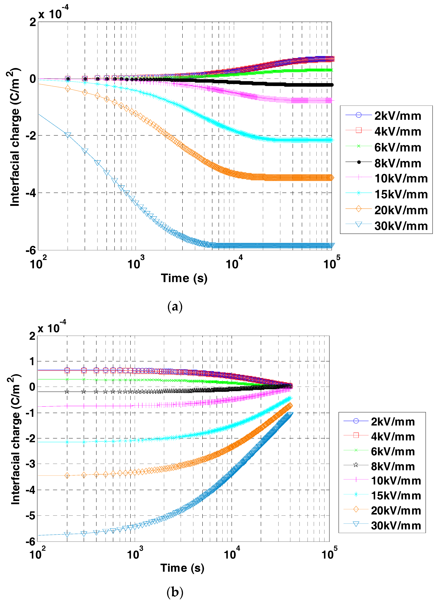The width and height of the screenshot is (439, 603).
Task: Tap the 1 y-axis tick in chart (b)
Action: [x=32, y=361]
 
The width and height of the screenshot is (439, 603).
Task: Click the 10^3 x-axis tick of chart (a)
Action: [x=136, y=264]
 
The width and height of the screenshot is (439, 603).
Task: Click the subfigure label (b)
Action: [x=175, y=592]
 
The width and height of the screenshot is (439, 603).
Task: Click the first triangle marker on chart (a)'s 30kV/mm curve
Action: [x=68, y=135]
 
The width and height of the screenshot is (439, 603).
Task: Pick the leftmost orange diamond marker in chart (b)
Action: [x=67, y=476]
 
